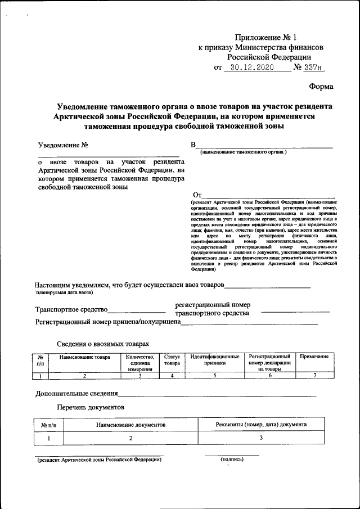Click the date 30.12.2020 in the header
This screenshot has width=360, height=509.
[249, 68]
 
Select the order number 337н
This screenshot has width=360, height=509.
[314, 68]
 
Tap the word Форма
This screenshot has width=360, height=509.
[321, 87]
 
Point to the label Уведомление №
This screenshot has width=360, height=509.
[62, 145]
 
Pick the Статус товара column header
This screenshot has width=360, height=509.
[172, 360]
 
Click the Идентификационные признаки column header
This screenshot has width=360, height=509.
[215, 360]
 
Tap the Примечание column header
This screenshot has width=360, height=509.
[314, 357]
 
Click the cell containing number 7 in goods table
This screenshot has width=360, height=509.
[315, 375]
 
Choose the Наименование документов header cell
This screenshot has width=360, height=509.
[130, 425]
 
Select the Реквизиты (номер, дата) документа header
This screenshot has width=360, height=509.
[261, 425]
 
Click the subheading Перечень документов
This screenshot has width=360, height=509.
[91, 407]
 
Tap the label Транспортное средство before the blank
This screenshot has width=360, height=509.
[71, 309]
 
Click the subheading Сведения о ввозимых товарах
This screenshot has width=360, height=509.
[103, 343]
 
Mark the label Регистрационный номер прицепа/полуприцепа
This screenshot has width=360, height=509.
[107, 322]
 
